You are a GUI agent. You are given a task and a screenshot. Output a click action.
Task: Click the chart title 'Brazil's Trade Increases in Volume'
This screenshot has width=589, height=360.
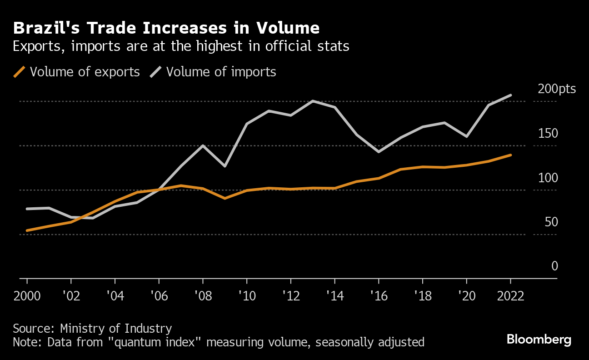pos(166,28)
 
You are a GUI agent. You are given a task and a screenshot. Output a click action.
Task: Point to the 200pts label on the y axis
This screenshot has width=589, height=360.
pos(557,89)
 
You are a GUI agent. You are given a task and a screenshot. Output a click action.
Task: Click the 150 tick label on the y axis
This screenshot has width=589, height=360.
pos(548,134)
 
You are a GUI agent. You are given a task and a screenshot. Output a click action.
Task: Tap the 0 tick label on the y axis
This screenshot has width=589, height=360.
pos(554,266)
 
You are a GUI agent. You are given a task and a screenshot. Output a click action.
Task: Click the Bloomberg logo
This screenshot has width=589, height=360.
pos(539,340)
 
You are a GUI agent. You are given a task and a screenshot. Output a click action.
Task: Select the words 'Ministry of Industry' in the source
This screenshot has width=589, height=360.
pos(116,328)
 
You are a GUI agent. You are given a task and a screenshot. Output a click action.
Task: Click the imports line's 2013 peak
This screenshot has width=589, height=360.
pos(313,101)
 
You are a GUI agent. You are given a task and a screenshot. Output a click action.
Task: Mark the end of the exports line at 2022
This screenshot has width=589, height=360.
pos(511,155)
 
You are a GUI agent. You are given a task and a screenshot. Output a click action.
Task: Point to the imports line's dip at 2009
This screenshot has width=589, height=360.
pos(225,166)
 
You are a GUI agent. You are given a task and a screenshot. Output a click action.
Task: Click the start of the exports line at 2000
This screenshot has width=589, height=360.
pos(27,230)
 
